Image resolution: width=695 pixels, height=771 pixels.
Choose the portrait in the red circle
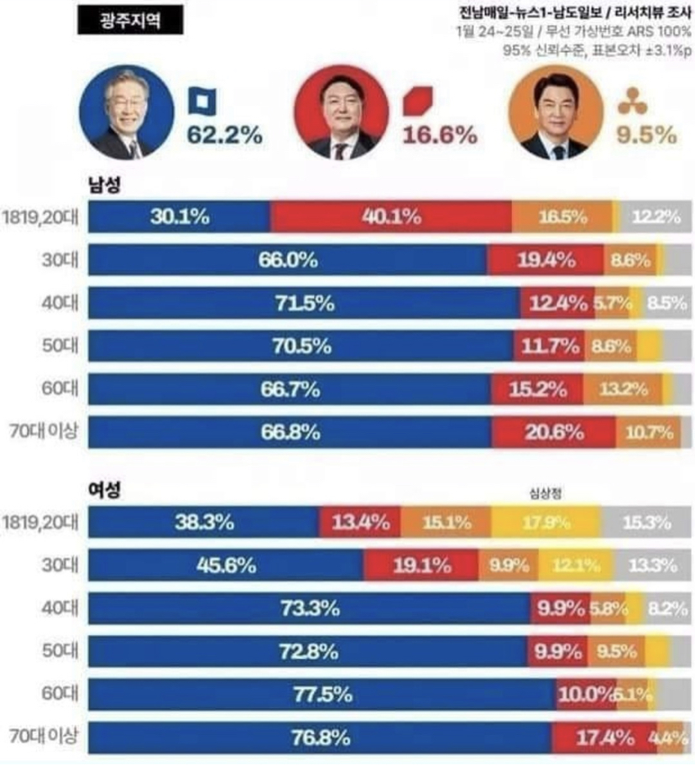(341, 112)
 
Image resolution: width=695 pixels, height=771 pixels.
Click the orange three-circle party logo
(629, 103)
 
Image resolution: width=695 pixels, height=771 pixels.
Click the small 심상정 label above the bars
(545, 493)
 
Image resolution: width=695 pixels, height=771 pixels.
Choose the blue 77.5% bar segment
(322, 695)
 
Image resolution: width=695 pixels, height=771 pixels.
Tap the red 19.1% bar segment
(421, 565)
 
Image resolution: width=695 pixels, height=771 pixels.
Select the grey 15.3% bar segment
(646, 522)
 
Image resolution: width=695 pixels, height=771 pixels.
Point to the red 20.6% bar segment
(554, 433)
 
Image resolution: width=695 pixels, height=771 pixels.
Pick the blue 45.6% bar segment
(226, 565)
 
